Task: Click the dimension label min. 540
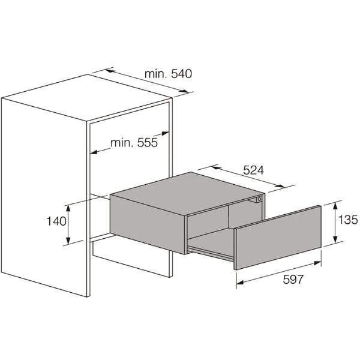click(168, 74)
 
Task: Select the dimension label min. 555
click(134, 143)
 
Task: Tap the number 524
click(253, 170)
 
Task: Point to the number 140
click(56, 221)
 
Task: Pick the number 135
click(348, 220)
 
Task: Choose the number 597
click(293, 280)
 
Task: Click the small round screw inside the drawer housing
click(259, 199)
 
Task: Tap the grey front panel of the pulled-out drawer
click(277, 238)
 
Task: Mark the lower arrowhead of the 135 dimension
click(335, 239)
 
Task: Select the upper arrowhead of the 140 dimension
click(68, 209)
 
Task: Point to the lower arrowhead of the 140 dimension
click(68, 240)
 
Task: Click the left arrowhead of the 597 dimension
click(240, 283)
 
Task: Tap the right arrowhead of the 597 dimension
click(317, 263)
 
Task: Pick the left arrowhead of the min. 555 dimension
click(94, 152)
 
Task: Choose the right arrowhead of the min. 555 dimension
click(166, 133)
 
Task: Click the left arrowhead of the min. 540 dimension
click(110, 71)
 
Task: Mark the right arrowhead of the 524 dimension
click(280, 186)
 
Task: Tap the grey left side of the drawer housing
click(148, 224)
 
